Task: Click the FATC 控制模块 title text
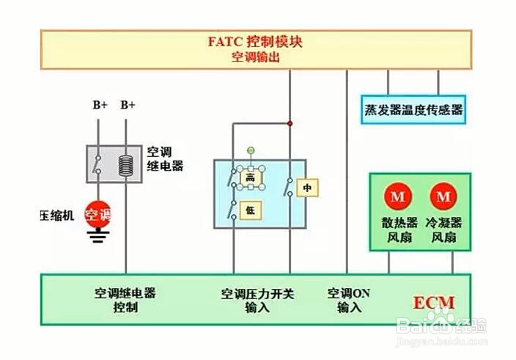[255, 42]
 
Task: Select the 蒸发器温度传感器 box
[413, 109]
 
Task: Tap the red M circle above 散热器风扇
[397, 196]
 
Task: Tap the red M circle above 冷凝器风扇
[443, 196]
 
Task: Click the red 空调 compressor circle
[98, 215]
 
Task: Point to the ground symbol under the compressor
[98, 236]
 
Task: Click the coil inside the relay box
[126, 166]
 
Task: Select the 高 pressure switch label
[251, 178]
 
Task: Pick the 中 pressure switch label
[307, 188]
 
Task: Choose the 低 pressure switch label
[251, 210]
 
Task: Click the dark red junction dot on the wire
[290, 123]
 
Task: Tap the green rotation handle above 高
[251, 150]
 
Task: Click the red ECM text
[434, 303]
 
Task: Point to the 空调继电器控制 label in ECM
[125, 300]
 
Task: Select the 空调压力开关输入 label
[257, 301]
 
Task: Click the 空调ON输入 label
[349, 300]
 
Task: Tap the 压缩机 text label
[57, 216]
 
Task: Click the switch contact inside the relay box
[97, 164]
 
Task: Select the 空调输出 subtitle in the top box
[255, 57]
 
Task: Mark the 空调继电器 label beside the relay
[165, 158]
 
